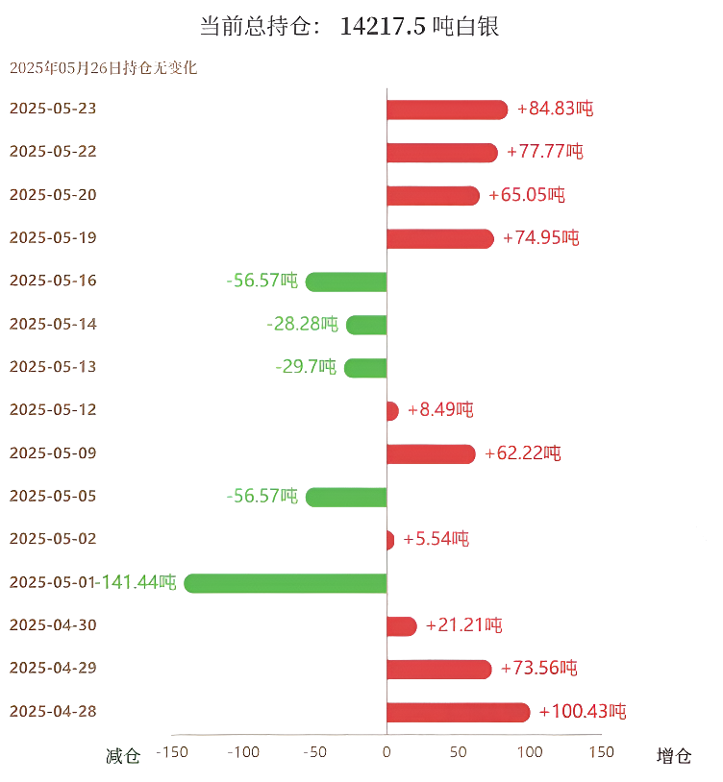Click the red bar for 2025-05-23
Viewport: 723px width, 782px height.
(x=446, y=110)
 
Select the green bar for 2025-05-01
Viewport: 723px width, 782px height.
(x=286, y=583)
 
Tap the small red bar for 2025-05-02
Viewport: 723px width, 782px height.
(x=389, y=540)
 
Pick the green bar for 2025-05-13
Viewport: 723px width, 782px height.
(x=365, y=368)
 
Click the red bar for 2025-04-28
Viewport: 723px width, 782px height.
(x=458, y=713)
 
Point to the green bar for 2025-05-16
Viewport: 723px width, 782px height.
(x=346, y=281)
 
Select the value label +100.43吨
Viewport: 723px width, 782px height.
(x=583, y=713)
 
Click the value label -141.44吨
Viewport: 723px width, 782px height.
(x=139, y=582)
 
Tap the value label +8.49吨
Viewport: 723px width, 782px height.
(x=440, y=410)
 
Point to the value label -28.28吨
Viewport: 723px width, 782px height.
(x=302, y=325)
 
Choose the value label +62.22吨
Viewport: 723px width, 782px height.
(x=523, y=453)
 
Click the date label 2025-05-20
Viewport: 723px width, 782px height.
(x=53, y=195)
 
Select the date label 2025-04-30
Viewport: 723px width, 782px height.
(x=53, y=625)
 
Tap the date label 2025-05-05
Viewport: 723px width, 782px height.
(x=53, y=497)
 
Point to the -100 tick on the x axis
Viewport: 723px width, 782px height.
(x=243, y=752)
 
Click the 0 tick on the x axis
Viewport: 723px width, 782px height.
(x=386, y=752)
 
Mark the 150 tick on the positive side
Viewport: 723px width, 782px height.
(x=600, y=752)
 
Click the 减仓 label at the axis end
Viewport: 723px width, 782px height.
(x=123, y=756)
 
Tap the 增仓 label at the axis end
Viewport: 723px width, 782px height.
(x=674, y=756)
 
